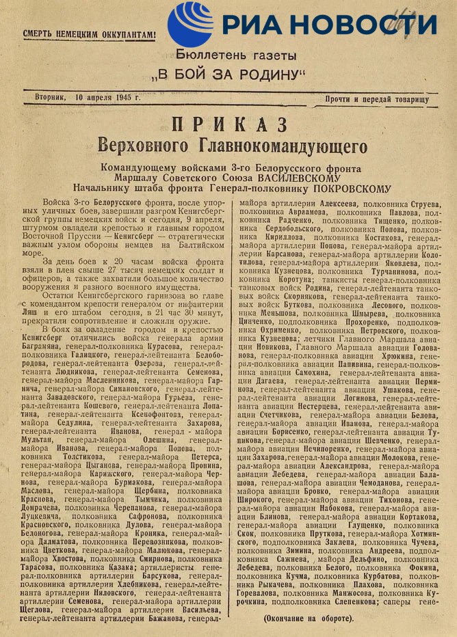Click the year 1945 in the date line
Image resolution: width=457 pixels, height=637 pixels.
pos(120,97)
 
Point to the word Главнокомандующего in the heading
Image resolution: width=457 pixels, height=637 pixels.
pos(279,146)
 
